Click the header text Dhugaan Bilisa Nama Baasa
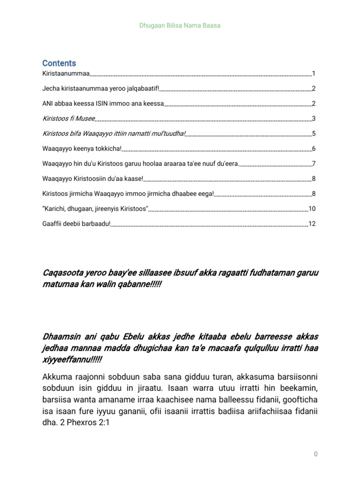point(180,25)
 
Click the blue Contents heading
point(59,63)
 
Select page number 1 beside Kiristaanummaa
point(314,74)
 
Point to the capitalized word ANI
point(48,104)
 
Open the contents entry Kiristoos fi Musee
point(68,119)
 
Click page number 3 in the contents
point(314,119)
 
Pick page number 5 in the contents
point(314,134)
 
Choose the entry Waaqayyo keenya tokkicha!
point(82,149)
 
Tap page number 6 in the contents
point(314,149)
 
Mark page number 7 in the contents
point(314,164)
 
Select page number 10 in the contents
point(312,209)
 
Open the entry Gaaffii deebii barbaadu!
point(76,224)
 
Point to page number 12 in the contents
point(312,224)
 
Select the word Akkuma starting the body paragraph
point(58,377)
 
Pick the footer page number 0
point(316,454)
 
